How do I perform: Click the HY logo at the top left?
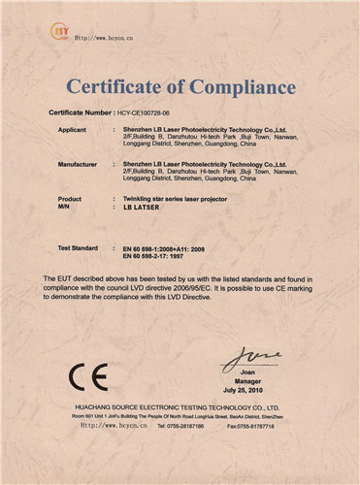[x=60, y=33]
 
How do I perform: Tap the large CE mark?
[x=88, y=376]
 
